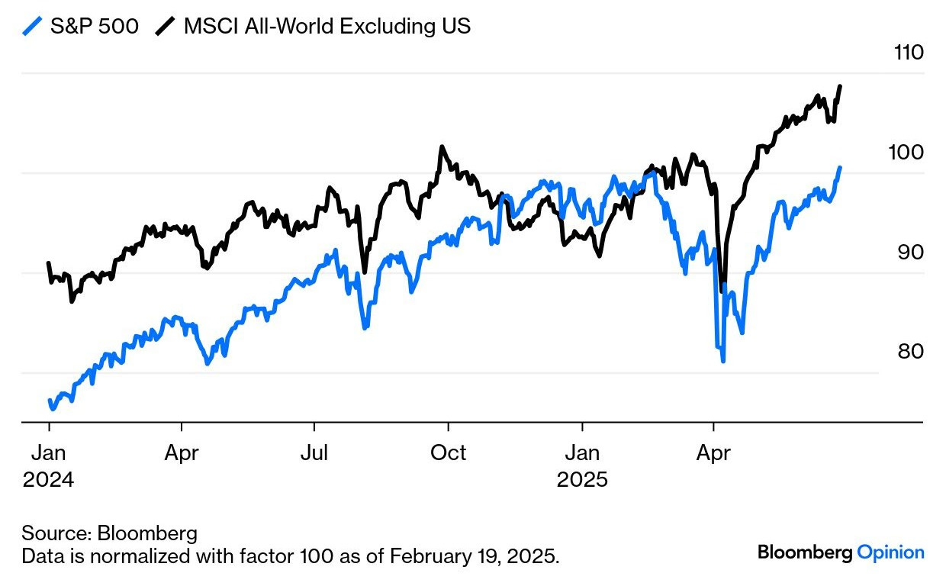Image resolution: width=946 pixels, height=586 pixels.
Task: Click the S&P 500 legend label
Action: pos(94,27)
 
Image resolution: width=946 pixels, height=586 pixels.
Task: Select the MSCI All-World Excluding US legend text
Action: pos(327,27)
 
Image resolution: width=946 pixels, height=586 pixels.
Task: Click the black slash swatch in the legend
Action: pos(164,27)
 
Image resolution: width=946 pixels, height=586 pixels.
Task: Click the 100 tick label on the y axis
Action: pos(906,152)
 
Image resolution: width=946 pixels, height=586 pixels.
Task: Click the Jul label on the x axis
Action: pos(314,453)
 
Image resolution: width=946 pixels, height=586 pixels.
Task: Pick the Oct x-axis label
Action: pos(448,453)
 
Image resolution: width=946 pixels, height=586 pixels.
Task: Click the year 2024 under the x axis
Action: pos(49,481)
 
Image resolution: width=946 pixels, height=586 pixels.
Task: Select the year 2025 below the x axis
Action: pos(582,481)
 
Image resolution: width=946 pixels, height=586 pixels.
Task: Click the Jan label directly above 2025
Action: pos(582,453)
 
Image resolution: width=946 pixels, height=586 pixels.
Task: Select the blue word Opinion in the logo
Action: pos(890,552)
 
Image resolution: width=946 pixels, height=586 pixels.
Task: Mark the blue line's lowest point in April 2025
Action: pos(722,360)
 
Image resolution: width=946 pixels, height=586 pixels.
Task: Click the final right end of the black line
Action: pos(840,86)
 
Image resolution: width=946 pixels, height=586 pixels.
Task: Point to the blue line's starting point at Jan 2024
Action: pos(50,401)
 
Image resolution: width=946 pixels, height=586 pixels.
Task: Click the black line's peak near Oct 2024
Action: pos(441,146)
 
